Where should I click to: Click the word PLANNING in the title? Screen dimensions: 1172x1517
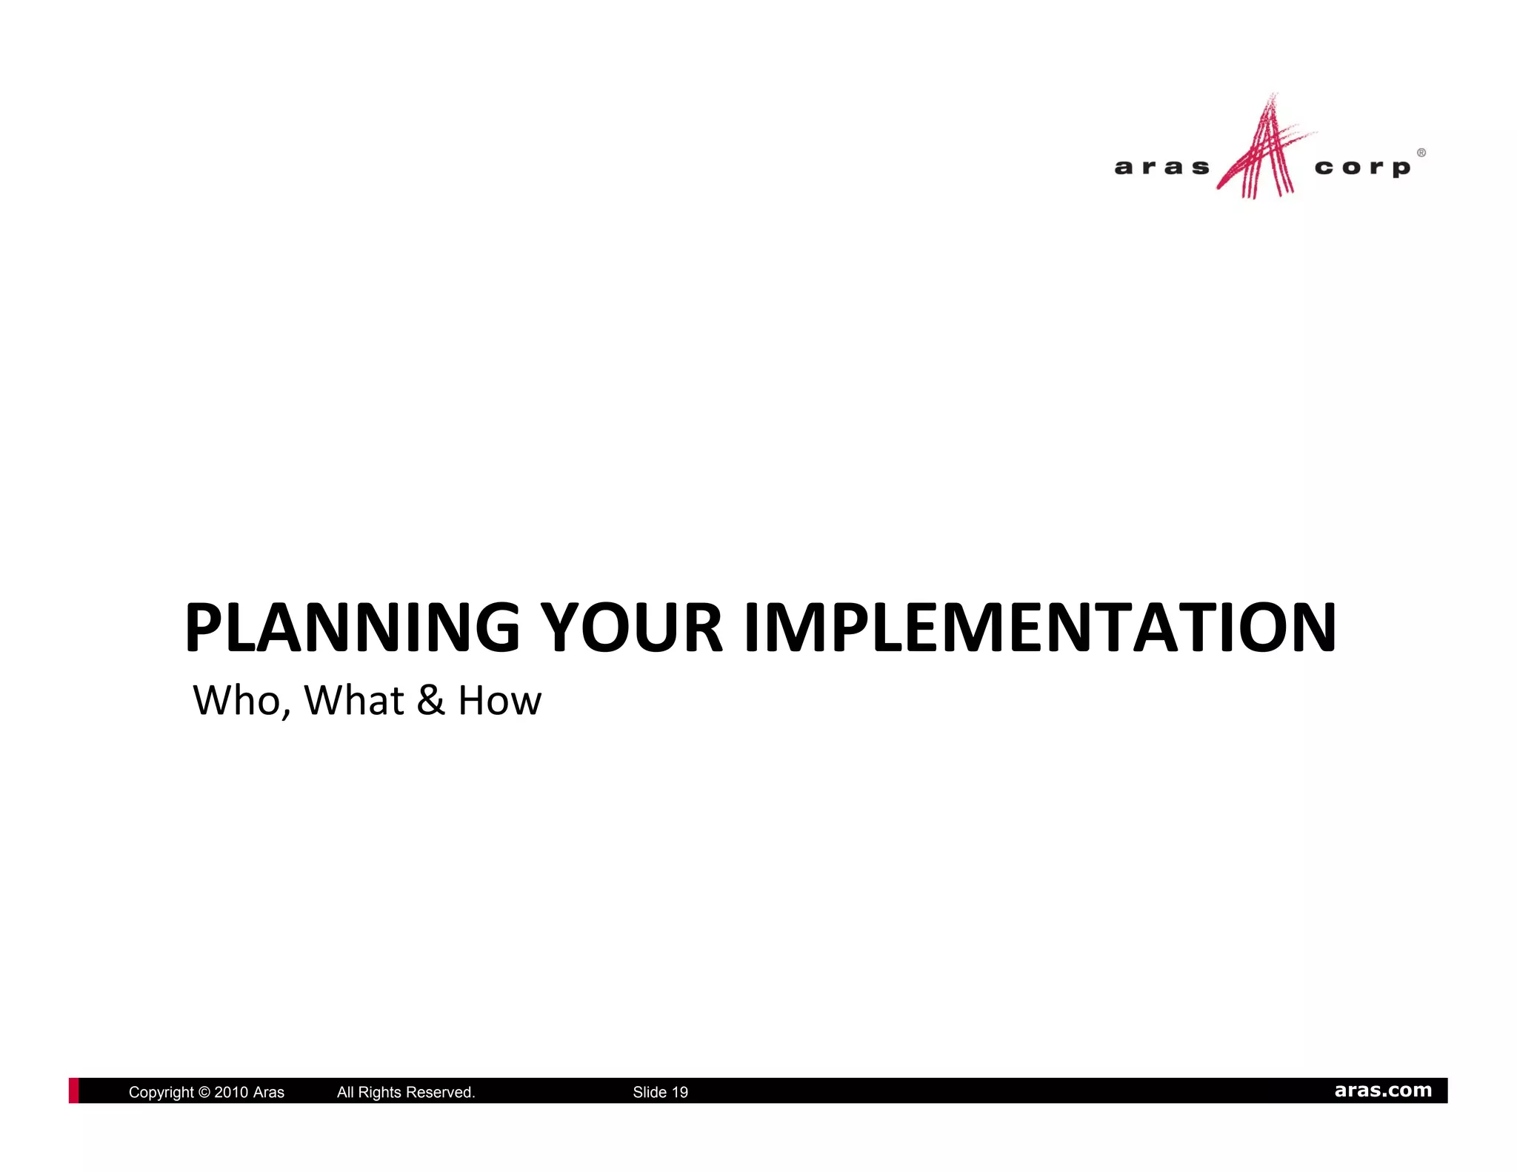(353, 627)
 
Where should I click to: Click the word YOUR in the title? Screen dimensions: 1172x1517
(631, 627)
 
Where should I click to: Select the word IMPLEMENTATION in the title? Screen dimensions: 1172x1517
(1040, 627)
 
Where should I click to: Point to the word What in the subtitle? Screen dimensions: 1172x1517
(354, 700)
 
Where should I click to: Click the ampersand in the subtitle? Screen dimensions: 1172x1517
(430, 700)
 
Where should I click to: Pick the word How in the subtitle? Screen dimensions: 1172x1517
(500, 700)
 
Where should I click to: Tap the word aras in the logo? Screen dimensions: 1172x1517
(1161, 168)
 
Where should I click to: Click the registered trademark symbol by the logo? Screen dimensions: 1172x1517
(1421, 153)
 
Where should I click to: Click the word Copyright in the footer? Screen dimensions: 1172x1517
(161, 1092)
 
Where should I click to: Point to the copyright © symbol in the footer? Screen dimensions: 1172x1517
(205, 1092)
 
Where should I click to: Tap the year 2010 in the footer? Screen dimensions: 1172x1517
(231, 1092)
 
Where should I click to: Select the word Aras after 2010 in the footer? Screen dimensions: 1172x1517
(269, 1092)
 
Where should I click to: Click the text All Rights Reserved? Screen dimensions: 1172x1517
(406, 1092)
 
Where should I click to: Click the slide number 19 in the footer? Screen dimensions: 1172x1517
(680, 1092)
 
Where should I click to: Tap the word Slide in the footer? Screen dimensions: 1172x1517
(650, 1092)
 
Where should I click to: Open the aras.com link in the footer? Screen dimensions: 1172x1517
(1383, 1091)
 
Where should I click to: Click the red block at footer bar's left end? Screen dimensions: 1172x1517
(73, 1091)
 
